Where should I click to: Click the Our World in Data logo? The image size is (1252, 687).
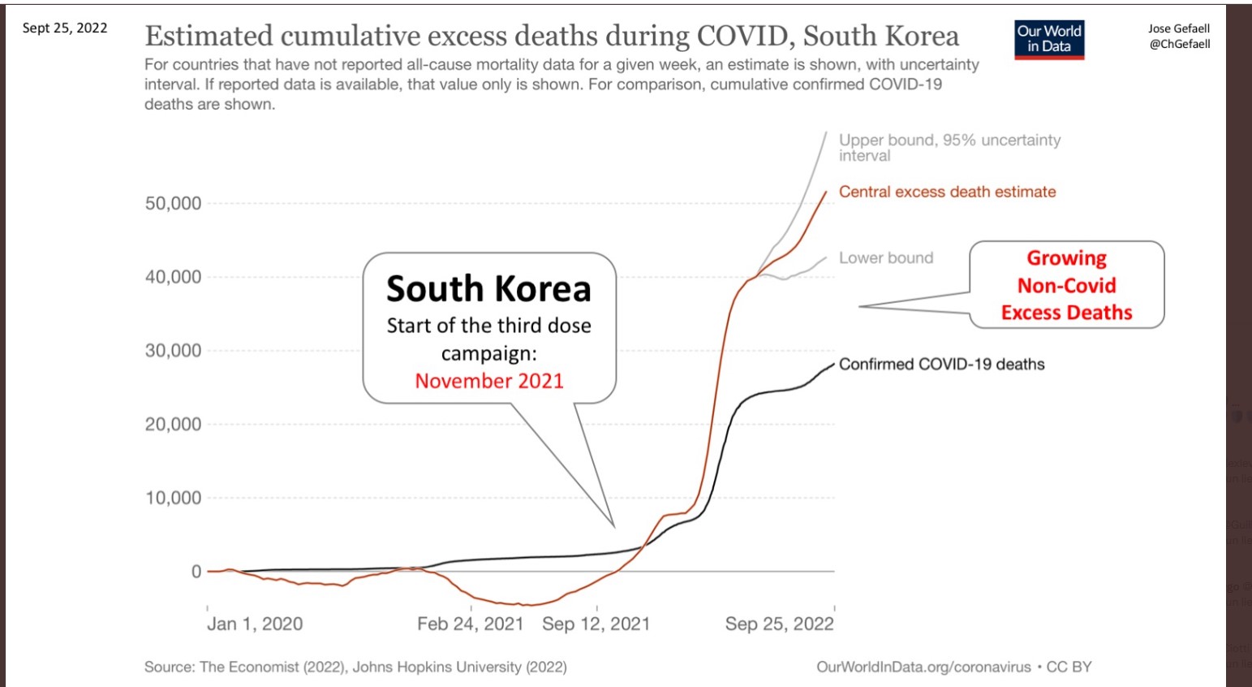(1049, 39)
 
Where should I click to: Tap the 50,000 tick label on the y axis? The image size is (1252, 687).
(173, 204)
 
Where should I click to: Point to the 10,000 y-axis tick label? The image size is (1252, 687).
(173, 498)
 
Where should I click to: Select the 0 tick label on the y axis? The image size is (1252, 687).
(196, 572)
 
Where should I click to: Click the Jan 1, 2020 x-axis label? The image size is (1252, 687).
(255, 624)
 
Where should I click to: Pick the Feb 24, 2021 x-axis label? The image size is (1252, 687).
(471, 624)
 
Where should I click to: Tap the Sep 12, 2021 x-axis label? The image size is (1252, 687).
(596, 624)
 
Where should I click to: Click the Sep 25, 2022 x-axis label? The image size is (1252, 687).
(779, 624)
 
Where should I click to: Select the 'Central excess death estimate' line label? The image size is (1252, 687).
(947, 192)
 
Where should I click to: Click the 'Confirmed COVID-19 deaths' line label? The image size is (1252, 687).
(941, 365)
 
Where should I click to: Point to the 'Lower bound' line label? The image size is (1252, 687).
(886, 258)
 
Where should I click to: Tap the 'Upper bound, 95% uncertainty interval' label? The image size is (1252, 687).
(949, 147)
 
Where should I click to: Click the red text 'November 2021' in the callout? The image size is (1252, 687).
(489, 381)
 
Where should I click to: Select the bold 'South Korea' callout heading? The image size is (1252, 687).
(488, 289)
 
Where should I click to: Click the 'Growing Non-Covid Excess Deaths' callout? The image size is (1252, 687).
(1066, 285)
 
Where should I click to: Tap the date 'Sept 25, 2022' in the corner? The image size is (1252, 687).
(65, 28)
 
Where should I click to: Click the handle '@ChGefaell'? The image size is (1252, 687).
(1179, 44)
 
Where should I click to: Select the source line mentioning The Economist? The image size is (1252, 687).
(355, 667)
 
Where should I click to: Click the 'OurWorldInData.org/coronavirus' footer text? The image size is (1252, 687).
(923, 667)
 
